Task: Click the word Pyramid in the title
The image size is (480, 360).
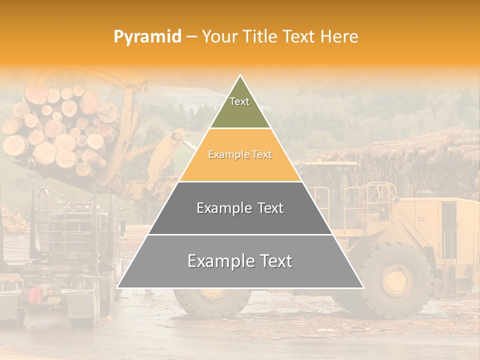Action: click(x=147, y=37)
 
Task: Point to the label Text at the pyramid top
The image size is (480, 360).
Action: click(x=239, y=101)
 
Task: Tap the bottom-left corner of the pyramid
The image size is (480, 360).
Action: click(x=117, y=287)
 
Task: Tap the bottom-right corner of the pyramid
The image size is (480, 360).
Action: click(x=363, y=287)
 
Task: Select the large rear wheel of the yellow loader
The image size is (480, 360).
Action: click(x=395, y=280)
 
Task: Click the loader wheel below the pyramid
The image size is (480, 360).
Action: click(x=212, y=302)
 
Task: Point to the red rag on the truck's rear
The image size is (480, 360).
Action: click(x=36, y=295)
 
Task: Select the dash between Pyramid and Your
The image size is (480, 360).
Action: click(x=191, y=37)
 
